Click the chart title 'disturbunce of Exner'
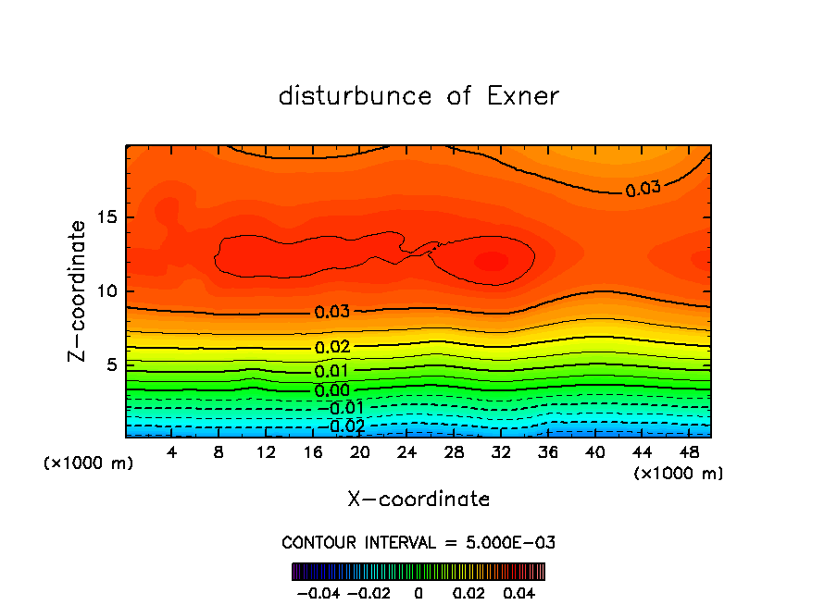point(418,96)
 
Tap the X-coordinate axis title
point(418,500)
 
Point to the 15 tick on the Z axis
point(107,218)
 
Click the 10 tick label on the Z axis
point(107,291)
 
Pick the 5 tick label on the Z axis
point(113,365)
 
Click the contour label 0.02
point(332,347)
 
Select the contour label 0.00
point(332,390)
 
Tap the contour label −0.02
point(343,426)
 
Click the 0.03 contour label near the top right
point(643,189)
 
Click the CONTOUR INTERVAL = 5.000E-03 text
point(418,542)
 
